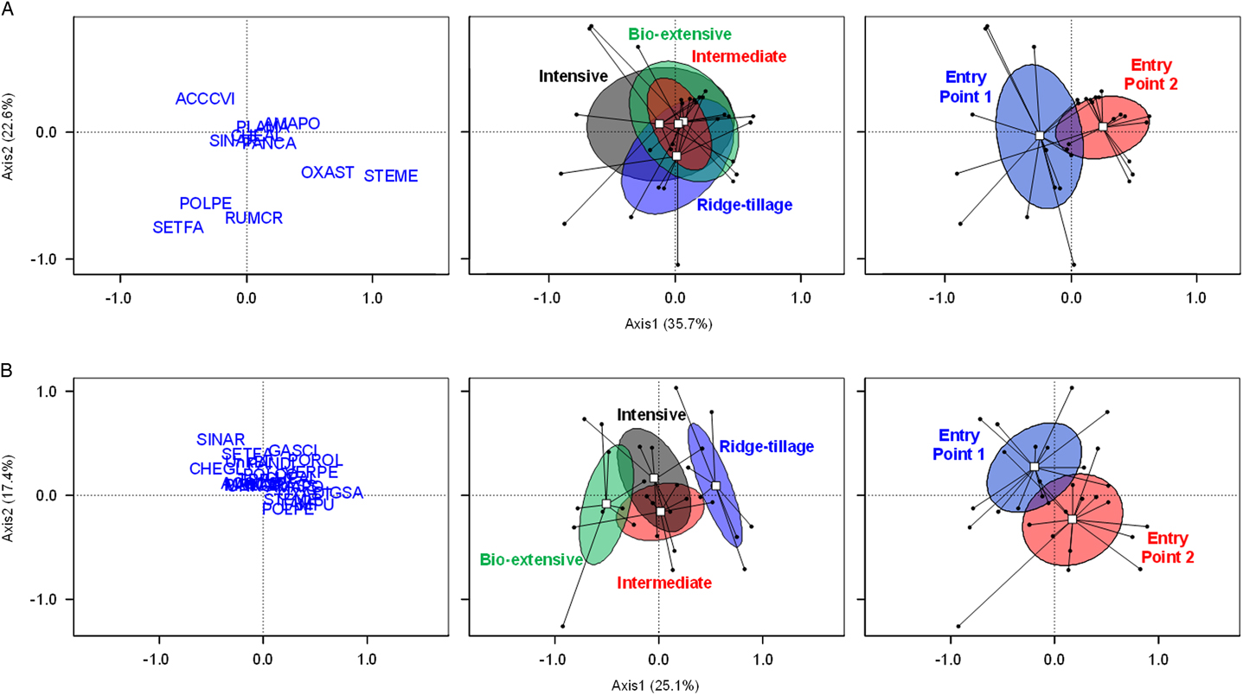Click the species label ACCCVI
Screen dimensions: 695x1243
coord(205,99)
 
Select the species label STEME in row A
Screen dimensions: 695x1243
coord(390,176)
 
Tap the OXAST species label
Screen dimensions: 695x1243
coord(327,173)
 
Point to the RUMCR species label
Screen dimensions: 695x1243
coord(253,219)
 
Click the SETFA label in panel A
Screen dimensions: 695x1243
coord(177,228)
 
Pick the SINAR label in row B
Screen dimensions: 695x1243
coord(221,439)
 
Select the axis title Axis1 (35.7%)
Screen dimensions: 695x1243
coord(675,323)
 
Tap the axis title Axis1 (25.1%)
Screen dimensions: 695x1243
coord(659,685)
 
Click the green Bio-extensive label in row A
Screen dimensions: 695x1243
coord(680,35)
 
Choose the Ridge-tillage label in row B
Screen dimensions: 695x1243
coord(766,446)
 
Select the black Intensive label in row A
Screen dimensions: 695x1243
coord(573,76)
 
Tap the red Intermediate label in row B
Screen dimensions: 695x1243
coord(664,583)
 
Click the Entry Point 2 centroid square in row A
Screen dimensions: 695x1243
coord(1103,127)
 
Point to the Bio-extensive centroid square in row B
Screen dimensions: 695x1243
coord(606,503)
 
